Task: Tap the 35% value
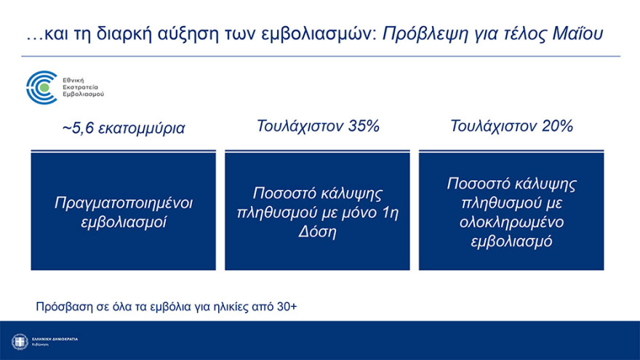(x=363, y=126)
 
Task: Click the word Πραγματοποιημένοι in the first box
(x=124, y=201)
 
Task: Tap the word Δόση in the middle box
(x=317, y=232)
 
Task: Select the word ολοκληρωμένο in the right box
(x=511, y=222)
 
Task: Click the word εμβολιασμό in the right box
(x=511, y=241)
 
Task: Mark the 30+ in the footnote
(x=287, y=306)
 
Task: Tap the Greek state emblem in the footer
(x=20, y=341)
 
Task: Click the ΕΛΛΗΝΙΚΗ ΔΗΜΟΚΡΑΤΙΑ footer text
(x=55, y=339)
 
